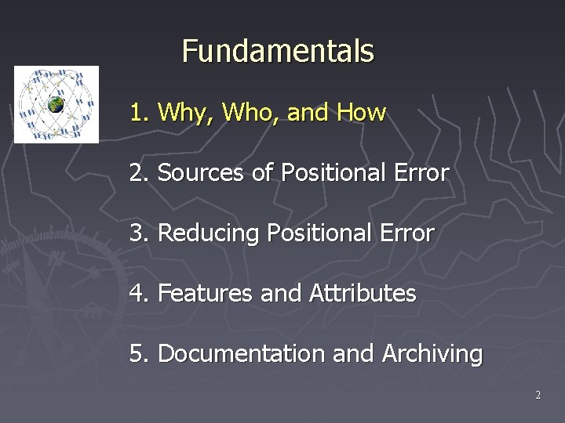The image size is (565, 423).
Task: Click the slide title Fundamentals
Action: [278, 52]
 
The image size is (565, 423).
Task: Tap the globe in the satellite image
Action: [56, 103]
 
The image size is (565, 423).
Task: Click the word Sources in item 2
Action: [202, 173]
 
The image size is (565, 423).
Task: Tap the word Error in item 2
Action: [422, 173]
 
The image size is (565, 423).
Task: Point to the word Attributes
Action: [363, 294]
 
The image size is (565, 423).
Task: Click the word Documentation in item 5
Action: [242, 354]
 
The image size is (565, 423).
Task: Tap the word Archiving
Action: [432, 354]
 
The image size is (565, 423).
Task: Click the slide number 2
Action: [538, 396]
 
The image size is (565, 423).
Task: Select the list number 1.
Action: [138, 113]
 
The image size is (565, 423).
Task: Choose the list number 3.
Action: [138, 233]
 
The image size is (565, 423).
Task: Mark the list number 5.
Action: [138, 354]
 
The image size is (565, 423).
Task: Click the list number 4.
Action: [138, 294]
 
